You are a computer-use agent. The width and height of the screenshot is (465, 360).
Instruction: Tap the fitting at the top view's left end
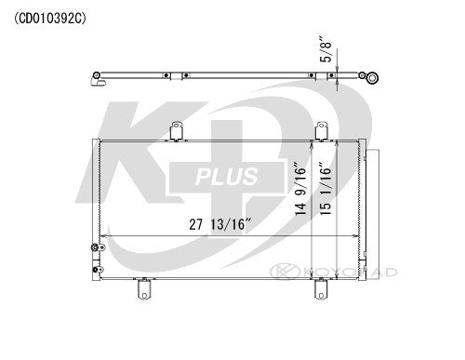(x=97, y=84)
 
